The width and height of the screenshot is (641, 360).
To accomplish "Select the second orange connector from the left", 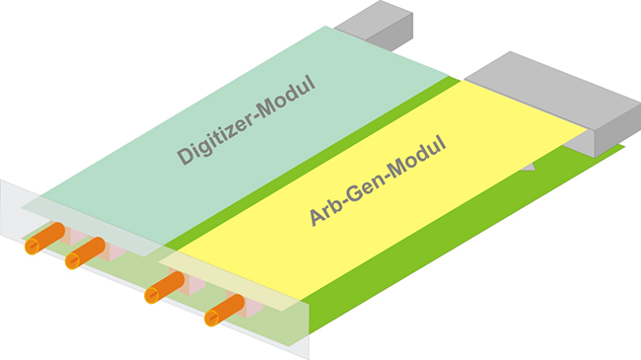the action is pos(85,253).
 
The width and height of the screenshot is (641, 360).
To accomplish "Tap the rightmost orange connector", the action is pos(224,310).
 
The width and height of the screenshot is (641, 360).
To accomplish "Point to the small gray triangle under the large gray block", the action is pos(530,168).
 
